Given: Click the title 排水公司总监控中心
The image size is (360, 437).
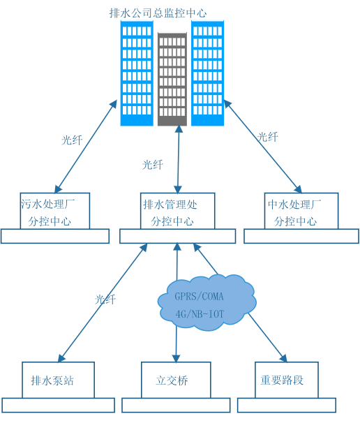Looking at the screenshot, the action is click(x=158, y=13).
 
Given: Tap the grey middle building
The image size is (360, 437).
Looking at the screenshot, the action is click(x=172, y=79).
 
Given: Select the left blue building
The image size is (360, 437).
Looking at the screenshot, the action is click(x=137, y=73).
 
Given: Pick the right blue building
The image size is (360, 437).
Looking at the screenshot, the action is click(x=208, y=73).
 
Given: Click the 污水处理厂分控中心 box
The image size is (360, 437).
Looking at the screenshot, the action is click(x=55, y=211).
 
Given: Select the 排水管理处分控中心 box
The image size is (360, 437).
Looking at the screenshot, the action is click(x=177, y=211).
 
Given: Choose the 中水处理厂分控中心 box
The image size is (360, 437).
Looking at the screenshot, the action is click(x=301, y=211).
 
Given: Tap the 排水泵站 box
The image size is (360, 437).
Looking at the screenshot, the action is click(x=58, y=380).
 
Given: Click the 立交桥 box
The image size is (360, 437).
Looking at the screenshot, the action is click(x=176, y=380).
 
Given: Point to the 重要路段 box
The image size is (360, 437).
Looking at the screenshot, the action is click(x=287, y=380).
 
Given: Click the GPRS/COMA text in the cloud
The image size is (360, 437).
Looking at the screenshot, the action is click(x=199, y=296).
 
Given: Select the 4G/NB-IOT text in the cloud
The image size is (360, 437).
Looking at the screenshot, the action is click(x=200, y=314).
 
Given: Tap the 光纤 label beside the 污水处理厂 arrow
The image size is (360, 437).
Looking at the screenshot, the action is click(x=72, y=140).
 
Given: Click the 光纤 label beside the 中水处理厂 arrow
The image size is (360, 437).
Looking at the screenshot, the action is click(x=267, y=137).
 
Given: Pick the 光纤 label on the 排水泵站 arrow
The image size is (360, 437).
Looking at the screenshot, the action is click(x=105, y=299).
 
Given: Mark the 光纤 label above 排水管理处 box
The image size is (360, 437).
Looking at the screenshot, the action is click(x=152, y=165).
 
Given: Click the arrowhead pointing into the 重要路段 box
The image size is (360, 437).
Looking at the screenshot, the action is click(x=284, y=357).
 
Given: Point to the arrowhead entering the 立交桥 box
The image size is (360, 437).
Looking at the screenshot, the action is click(x=176, y=358).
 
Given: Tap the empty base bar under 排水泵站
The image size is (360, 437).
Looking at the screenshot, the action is click(x=58, y=405).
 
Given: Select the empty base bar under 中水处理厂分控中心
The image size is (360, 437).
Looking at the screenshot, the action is click(x=301, y=236).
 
